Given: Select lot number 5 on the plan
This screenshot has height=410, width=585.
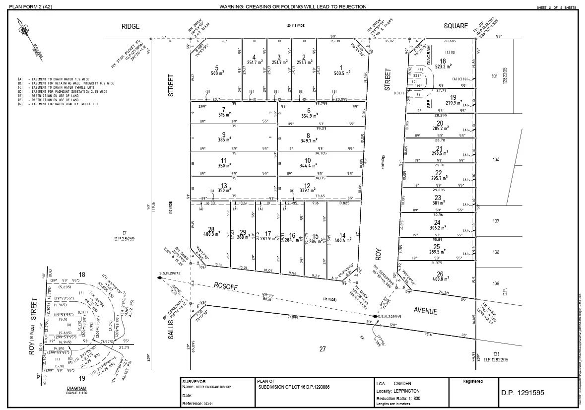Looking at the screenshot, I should [216, 68].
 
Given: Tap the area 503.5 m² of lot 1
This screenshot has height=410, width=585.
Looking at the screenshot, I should [342, 73].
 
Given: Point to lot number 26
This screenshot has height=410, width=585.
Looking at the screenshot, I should [440, 274].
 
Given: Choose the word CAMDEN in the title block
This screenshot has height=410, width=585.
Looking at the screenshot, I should [402, 383].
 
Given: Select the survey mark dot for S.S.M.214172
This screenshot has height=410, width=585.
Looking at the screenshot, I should [160, 278].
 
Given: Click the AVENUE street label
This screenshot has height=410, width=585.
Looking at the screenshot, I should [426, 311].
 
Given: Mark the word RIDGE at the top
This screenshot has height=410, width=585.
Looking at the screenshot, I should [131, 26].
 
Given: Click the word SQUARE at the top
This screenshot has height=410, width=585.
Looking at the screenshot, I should [456, 26].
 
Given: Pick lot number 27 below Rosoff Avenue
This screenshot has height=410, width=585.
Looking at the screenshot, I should [323, 349].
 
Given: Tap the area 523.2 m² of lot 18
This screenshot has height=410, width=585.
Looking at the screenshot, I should [443, 66].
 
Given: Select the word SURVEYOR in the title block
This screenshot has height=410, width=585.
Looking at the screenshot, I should [194, 381].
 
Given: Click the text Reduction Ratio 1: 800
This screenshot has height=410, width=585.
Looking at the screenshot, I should [399, 399].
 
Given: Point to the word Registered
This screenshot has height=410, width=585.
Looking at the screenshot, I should [472, 381].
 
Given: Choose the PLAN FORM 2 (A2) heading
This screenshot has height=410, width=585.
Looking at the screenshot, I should [30, 6].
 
